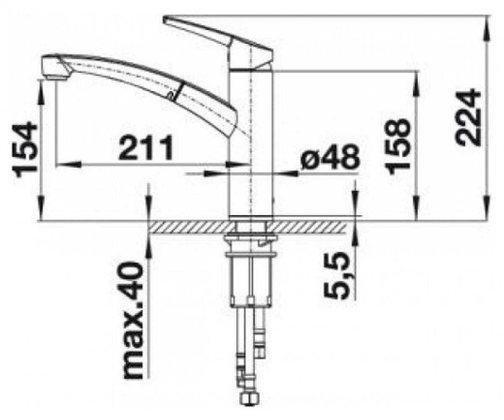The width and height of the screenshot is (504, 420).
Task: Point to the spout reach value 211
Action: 146,147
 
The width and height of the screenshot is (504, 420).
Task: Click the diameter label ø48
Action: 330,157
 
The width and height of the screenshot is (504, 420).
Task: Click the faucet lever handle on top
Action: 218,42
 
